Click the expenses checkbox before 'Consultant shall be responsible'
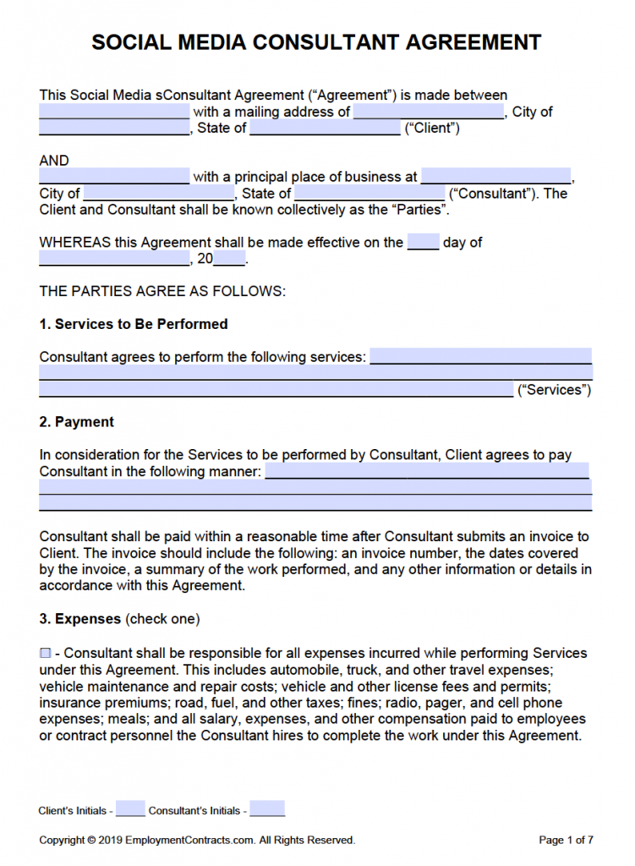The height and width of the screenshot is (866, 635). [45, 653]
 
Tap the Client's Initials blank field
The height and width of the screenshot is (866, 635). [130, 809]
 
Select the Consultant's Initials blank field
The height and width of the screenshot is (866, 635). [267, 809]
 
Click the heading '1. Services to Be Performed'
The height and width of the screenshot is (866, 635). [134, 324]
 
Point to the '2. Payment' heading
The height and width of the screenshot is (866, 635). [77, 422]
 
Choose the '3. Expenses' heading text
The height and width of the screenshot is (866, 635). [80, 619]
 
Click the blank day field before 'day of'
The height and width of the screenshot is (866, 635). [423, 243]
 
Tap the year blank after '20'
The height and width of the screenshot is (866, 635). [229, 259]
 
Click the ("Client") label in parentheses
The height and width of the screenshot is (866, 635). [432, 129]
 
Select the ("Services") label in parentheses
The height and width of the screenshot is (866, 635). [554, 390]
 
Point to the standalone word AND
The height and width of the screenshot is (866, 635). [54, 161]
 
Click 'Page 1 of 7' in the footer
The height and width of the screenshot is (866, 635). [566, 840]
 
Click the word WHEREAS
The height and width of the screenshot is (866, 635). [75, 243]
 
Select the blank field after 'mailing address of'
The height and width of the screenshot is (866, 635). [429, 112]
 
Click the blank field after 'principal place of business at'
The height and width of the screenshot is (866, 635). [495, 177]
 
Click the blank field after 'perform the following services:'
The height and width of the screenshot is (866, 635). [480, 357]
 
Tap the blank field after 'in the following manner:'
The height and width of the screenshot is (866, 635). [427, 471]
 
